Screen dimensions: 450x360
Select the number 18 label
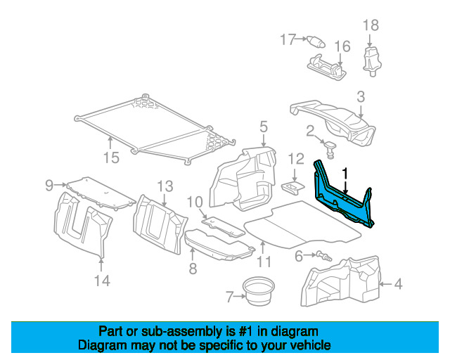tap(371, 25)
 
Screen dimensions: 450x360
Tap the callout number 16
tap(342, 47)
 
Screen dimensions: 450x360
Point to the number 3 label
tap(360, 97)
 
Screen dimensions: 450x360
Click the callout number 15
tap(111, 157)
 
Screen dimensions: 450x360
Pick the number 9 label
tap(49, 186)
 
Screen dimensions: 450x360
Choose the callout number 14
tap(102, 281)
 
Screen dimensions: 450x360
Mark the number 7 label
tap(229, 297)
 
